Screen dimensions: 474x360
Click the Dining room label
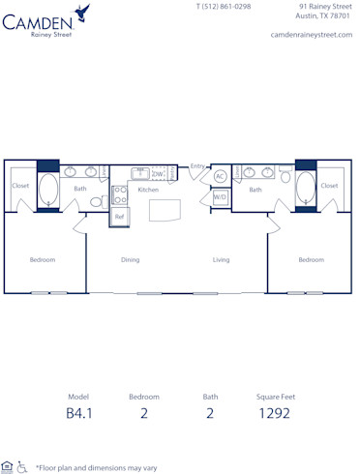point(130,259)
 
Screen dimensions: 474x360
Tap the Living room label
point(221,259)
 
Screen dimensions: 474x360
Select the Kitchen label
point(147,190)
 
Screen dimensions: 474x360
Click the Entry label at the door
point(196,165)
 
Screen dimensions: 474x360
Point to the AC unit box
point(220,176)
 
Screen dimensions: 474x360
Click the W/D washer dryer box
point(220,197)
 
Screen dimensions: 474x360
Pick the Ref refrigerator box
point(119,217)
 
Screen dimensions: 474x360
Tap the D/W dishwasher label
point(157,174)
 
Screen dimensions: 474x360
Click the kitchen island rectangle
point(165,210)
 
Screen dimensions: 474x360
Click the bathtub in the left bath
point(49,189)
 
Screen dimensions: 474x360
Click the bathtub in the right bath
point(307,187)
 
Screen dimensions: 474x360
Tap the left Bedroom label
point(42,259)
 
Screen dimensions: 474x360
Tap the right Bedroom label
point(311,259)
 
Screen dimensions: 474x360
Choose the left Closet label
point(20,185)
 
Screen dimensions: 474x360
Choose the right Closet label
point(330,185)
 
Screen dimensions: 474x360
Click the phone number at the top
point(223,7)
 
